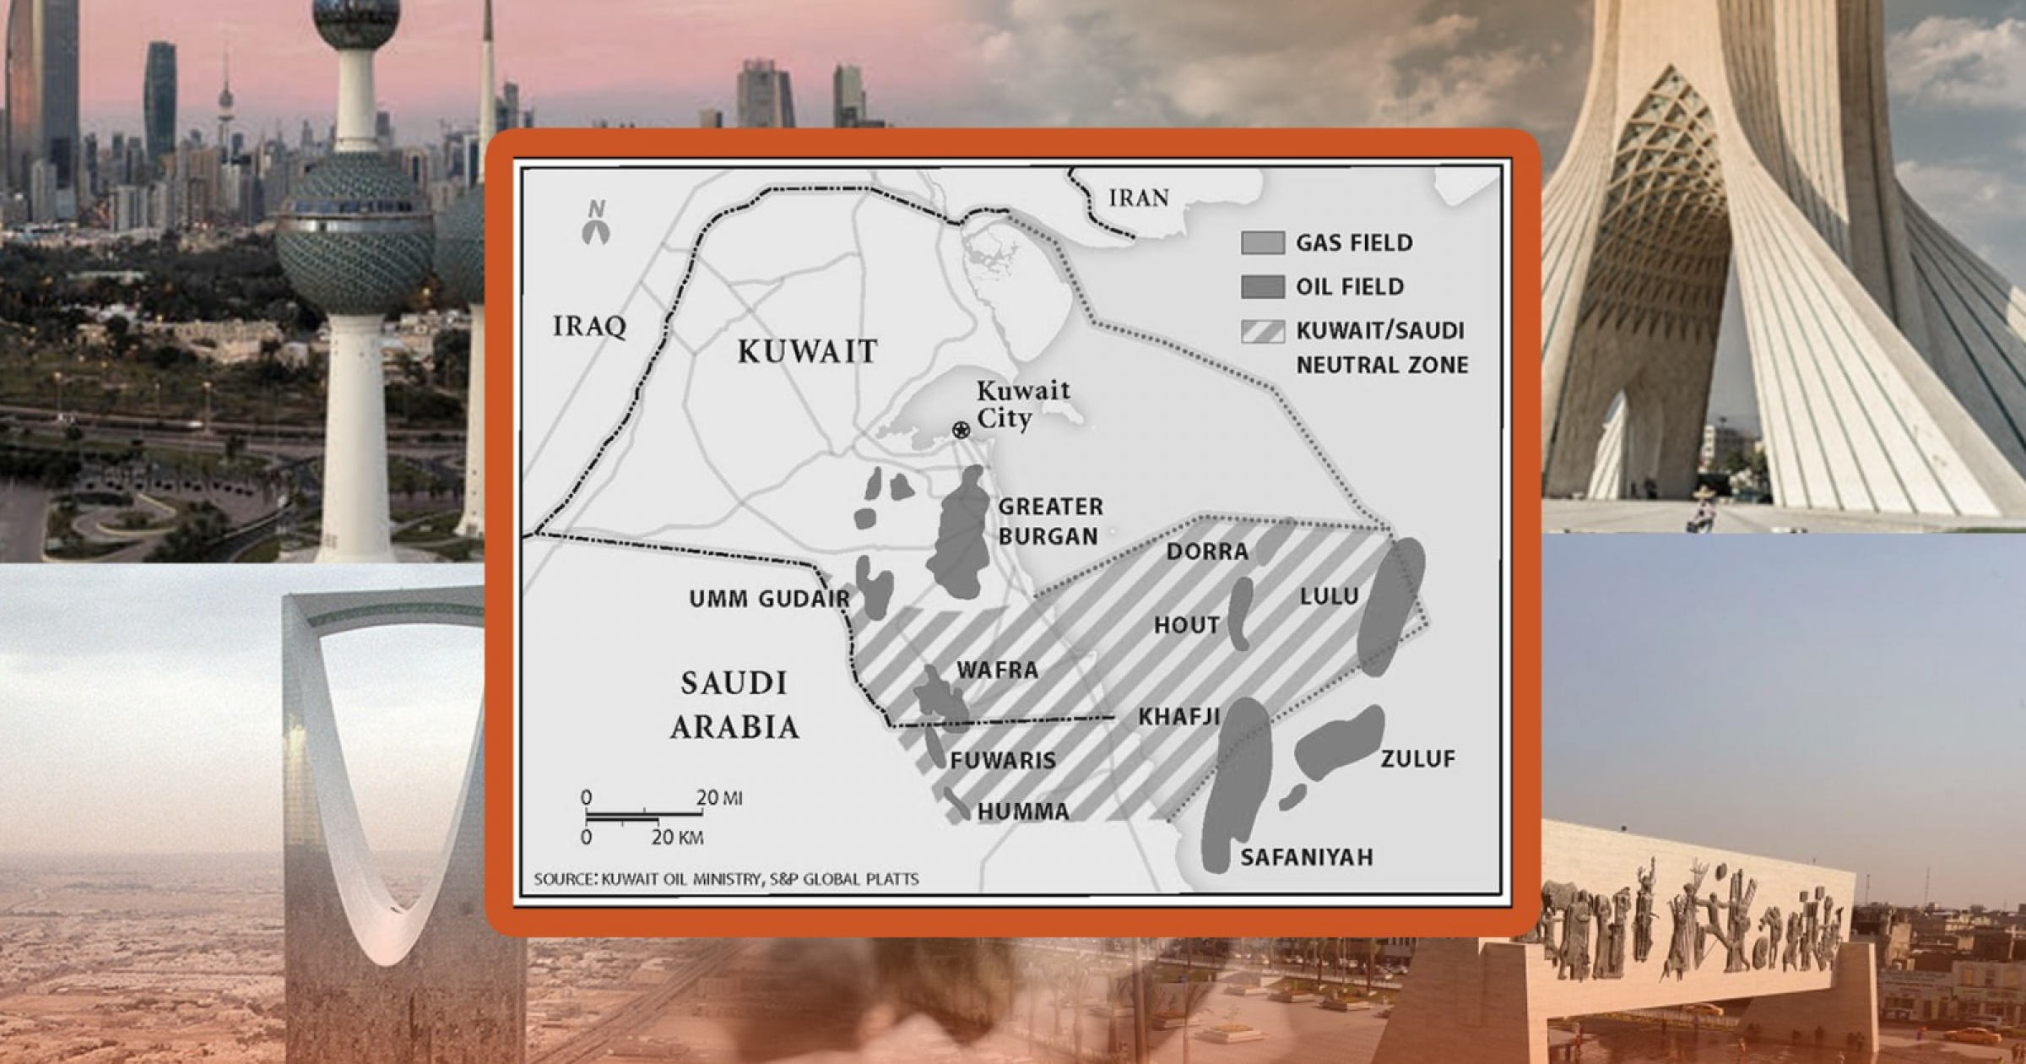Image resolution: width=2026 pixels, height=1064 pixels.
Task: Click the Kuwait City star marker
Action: tap(961, 430)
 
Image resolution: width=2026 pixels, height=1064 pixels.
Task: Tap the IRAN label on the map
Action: tap(1139, 198)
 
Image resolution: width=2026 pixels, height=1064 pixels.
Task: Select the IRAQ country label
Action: tap(589, 326)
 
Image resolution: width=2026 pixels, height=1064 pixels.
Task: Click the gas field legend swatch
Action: tap(1263, 243)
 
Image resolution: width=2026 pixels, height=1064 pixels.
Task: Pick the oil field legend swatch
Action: tap(1263, 287)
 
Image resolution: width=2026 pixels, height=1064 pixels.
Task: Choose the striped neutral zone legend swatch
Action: tap(1263, 331)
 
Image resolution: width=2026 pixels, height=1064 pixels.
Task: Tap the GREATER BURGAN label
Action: tap(1049, 521)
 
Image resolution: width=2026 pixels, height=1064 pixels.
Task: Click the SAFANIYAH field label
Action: tap(1306, 858)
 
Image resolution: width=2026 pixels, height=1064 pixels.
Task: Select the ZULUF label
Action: tap(1417, 759)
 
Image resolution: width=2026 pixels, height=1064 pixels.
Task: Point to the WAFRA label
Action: tap(997, 670)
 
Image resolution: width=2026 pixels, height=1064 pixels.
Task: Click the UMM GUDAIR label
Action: tap(769, 600)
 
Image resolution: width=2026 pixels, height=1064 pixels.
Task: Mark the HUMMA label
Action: tap(1023, 812)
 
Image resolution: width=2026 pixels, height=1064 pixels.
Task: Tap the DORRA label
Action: tap(1207, 552)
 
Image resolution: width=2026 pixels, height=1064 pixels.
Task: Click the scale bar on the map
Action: tap(643, 816)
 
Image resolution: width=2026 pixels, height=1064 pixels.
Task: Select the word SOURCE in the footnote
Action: tap(565, 880)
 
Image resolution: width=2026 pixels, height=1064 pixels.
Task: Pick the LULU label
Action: tap(1329, 596)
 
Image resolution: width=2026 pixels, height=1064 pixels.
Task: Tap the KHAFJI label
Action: tap(1178, 717)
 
